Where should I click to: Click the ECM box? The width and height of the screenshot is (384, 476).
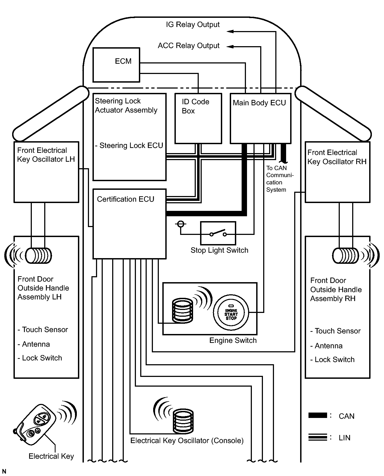coord(116,65)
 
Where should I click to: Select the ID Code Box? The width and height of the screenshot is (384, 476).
coord(198,119)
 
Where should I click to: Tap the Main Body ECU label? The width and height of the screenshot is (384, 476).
coord(259,103)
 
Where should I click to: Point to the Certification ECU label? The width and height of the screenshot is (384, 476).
coord(125,199)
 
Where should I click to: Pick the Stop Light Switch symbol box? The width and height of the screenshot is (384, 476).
coord(218,233)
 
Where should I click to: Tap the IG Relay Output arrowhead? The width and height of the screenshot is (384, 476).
coord(230,32)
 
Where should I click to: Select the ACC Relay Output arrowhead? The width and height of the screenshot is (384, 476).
coord(230,47)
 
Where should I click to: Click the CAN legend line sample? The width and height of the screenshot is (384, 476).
coord(317,416)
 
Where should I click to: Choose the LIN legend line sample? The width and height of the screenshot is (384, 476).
coord(317,437)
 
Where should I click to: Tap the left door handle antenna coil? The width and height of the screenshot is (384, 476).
coord(38,255)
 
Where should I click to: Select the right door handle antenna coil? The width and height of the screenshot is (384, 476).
coord(345,255)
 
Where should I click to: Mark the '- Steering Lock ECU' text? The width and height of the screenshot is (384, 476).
coord(129,146)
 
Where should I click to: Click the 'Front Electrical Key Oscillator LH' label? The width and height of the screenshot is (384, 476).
coord(46,155)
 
